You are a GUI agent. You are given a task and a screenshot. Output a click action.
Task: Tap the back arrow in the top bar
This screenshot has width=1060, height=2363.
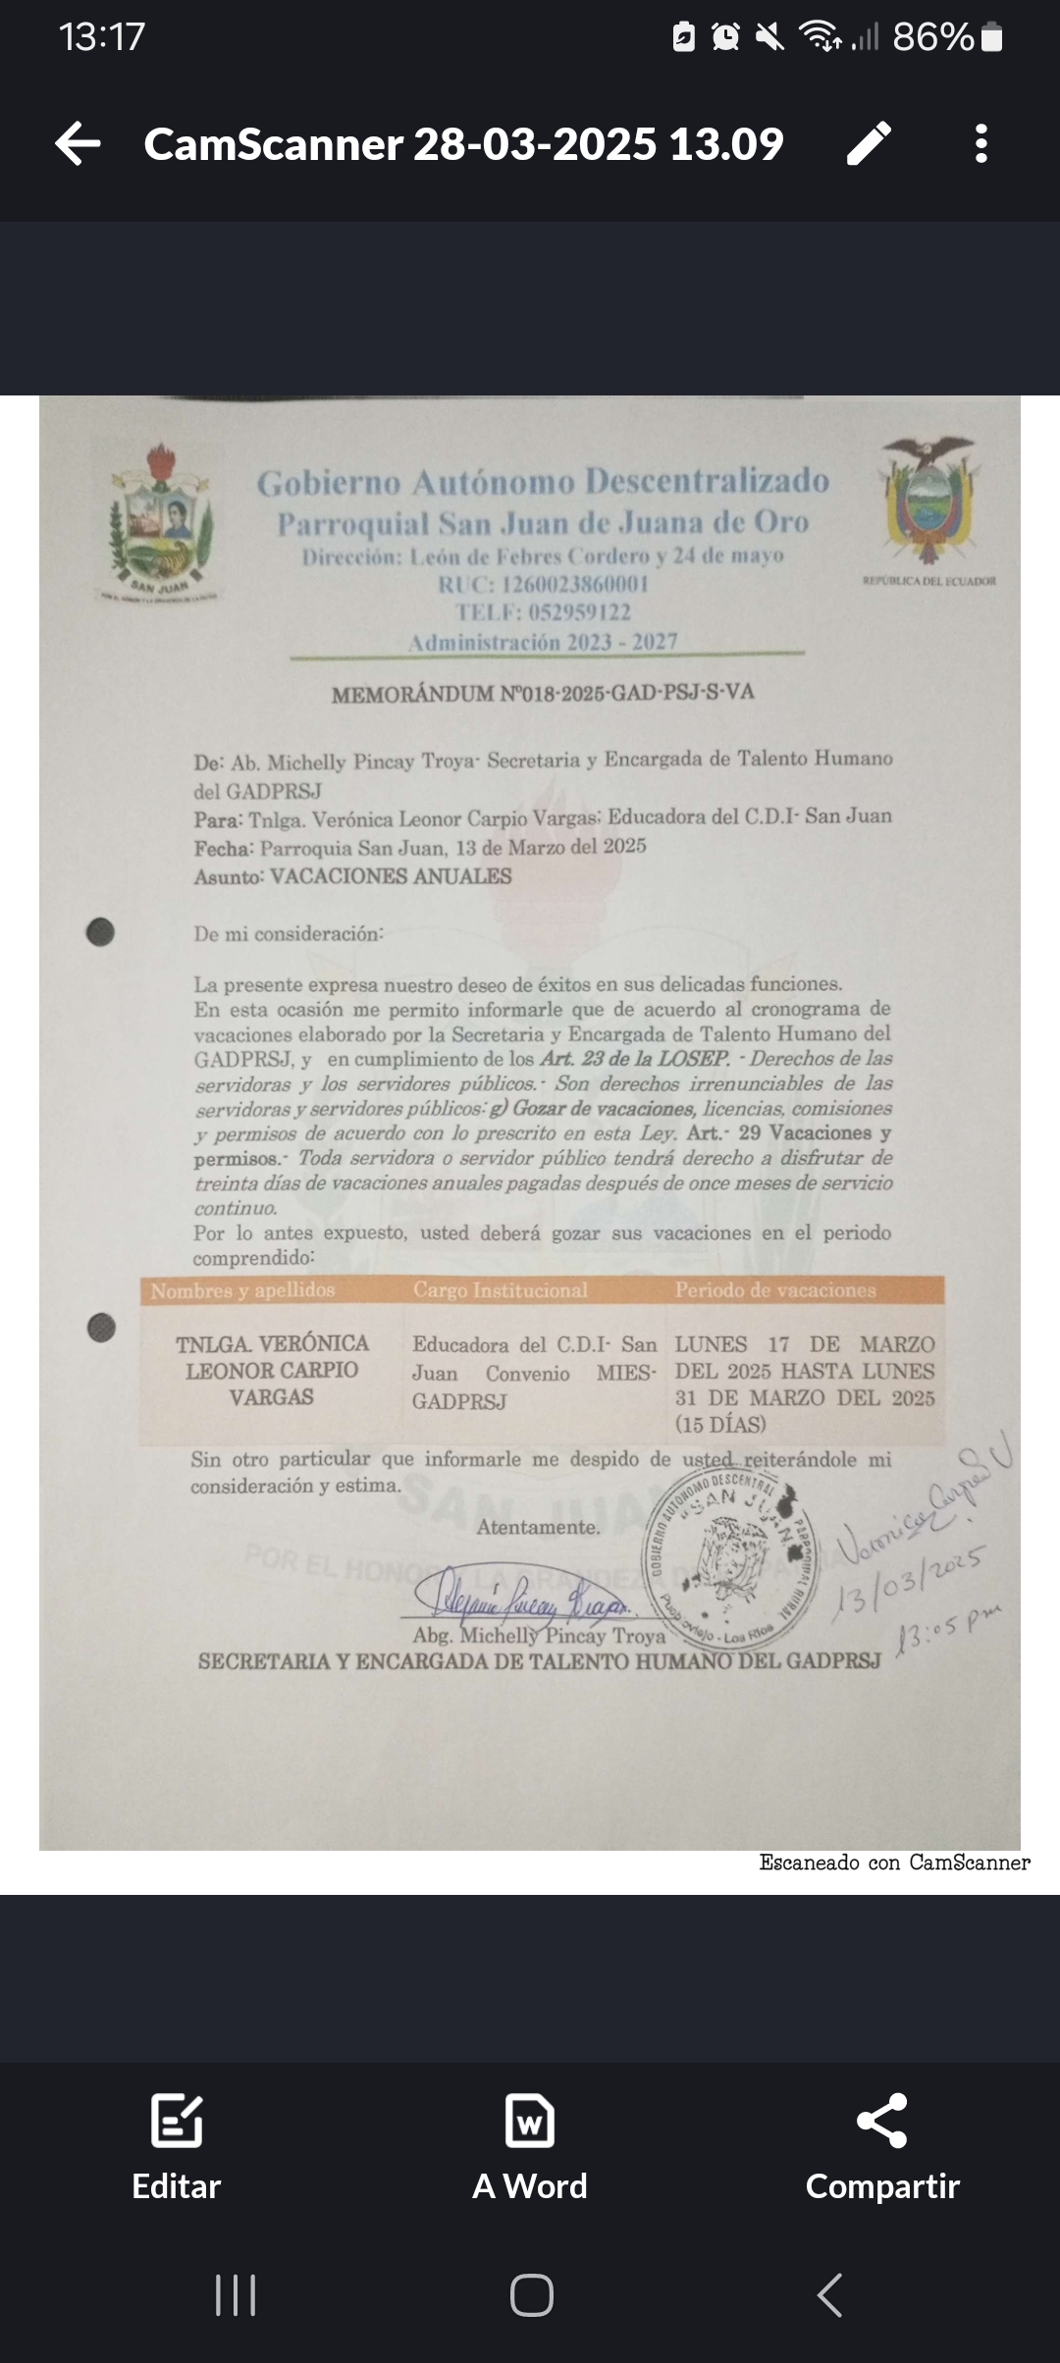pos(79,144)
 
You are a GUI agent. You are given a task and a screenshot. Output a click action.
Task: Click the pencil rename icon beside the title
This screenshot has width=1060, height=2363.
pos(869,144)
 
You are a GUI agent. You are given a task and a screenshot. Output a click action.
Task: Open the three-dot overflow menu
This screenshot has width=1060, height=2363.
pos(980,144)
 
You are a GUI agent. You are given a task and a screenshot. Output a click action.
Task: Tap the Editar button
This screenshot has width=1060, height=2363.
pos(177,2147)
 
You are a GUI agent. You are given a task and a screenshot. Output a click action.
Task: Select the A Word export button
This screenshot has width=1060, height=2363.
pos(530,2147)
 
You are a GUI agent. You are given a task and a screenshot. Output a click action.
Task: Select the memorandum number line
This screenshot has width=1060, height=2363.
pos(543,694)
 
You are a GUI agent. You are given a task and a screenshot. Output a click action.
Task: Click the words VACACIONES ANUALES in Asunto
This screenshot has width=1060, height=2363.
pos(391,876)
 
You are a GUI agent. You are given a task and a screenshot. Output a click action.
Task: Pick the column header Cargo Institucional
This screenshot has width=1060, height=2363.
pos(500,1290)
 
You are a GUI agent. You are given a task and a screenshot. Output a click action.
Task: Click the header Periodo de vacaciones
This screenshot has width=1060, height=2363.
pos(775,1290)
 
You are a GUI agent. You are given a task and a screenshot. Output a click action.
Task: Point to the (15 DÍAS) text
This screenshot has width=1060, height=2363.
pos(720,1424)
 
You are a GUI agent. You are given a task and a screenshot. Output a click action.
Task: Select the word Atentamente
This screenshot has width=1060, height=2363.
pos(538,1527)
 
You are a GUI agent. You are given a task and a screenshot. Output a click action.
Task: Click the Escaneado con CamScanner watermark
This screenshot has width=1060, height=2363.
pos(894,1863)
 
